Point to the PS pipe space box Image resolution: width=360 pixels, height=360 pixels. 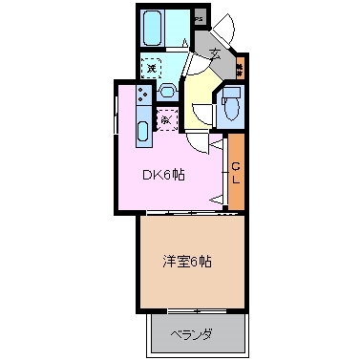coord(199,18)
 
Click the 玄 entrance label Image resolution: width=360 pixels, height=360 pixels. coord(215,54)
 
